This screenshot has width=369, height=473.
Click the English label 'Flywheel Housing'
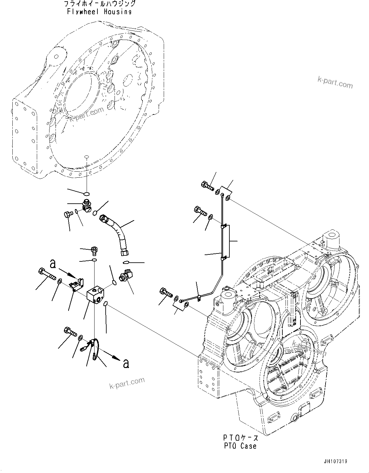99,12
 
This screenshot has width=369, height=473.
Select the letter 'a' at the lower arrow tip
126,363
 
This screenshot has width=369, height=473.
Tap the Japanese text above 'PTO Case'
240,438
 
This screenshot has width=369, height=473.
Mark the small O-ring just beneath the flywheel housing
87,193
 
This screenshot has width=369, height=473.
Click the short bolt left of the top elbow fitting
68,214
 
